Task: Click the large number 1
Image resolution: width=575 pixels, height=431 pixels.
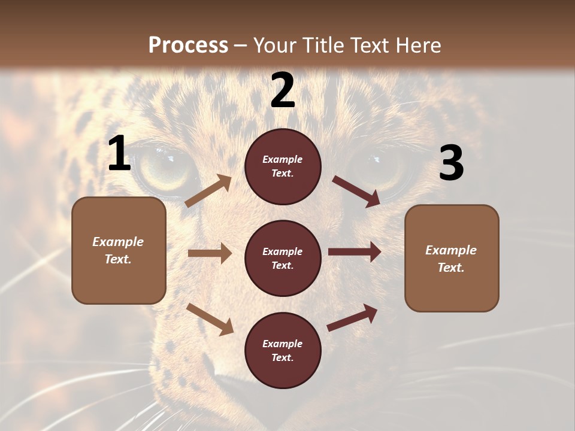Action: pos(119,154)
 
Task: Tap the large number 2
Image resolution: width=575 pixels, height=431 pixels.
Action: pos(283,91)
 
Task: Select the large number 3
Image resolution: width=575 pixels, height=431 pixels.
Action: pos(451,163)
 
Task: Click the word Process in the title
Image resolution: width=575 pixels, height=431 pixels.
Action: pos(188,45)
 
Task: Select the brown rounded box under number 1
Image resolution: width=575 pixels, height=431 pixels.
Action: pos(119,250)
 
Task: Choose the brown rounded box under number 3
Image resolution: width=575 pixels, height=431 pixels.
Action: pos(452,258)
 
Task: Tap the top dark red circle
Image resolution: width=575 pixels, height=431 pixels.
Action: pos(283,166)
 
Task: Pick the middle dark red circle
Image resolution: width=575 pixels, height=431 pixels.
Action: pos(283,258)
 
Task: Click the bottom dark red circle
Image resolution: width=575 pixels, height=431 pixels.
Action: pos(283,350)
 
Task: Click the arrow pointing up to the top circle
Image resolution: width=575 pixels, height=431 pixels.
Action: pos(208,190)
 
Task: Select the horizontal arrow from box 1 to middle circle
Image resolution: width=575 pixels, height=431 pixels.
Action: pos(210,253)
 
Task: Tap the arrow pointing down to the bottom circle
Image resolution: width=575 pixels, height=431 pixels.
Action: pos(210,318)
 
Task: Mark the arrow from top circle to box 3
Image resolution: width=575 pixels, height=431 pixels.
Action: pos(356,191)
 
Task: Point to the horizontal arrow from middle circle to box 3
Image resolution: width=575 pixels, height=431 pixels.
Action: pos(355,252)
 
